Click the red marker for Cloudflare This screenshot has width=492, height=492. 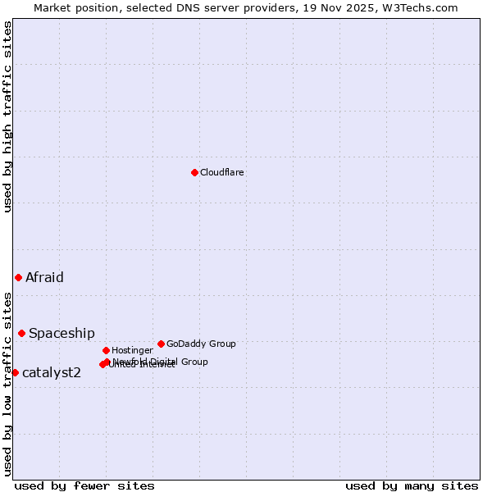point(194,172)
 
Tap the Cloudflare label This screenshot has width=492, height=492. point(221,172)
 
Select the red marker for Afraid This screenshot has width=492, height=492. point(18,277)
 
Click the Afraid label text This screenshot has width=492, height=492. point(44,277)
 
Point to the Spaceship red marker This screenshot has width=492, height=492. point(21,333)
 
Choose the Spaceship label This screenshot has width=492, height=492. point(61,333)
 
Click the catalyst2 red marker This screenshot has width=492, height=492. point(15,372)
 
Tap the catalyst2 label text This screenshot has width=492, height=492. point(51,372)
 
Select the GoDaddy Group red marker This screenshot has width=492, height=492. point(161,344)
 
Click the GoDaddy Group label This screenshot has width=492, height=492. point(201,344)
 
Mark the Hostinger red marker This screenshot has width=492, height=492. point(106,350)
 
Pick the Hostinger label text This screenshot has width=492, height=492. point(132,350)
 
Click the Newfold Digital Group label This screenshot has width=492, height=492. point(161,361)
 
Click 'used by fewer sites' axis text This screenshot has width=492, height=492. point(84,485)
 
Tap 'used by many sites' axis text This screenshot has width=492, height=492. point(412,485)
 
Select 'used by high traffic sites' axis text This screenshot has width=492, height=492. point(7,116)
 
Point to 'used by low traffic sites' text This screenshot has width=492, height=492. point(7,383)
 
